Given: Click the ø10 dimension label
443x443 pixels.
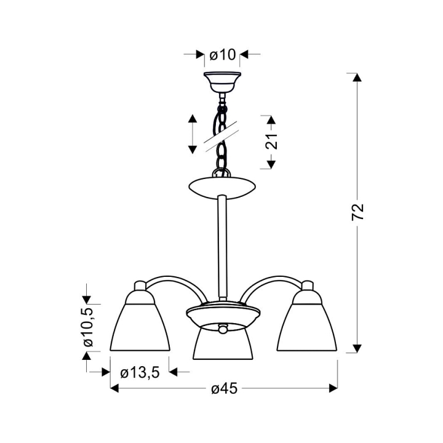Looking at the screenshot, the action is tap(222, 55).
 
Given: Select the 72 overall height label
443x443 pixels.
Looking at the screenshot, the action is tap(357, 212).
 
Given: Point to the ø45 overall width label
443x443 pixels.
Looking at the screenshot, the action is tap(224, 389).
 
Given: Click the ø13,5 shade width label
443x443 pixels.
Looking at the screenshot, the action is tap(140, 373).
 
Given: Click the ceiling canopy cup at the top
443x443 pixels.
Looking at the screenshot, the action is tap(222, 82).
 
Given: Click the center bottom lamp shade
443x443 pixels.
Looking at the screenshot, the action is tap(223, 343).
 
